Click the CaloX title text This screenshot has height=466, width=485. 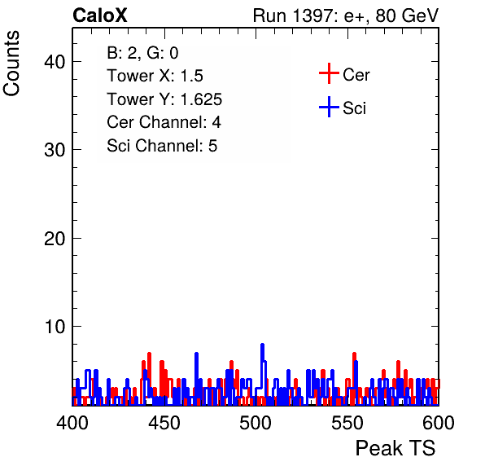(99, 15)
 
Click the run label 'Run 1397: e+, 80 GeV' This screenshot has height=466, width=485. (346, 15)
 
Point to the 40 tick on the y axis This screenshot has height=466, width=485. (55, 62)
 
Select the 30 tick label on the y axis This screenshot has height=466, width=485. (55, 150)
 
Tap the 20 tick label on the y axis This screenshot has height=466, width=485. (55, 239)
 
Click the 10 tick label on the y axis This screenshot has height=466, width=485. (55, 327)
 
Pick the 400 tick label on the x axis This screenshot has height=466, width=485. (72, 423)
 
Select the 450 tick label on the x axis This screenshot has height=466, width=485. (164, 423)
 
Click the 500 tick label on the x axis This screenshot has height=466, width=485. (256, 423)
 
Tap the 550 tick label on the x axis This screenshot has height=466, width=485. (347, 423)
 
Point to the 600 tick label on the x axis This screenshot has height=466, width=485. (439, 423)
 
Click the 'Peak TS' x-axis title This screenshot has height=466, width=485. (395, 448)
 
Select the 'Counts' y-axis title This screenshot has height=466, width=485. (11, 64)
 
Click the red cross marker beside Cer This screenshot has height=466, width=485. (329, 73)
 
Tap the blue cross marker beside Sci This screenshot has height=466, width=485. (329, 107)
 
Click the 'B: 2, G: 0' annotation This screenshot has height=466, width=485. (142, 53)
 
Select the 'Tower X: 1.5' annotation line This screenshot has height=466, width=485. (155, 76)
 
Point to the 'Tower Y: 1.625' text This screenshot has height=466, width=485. (164, 99)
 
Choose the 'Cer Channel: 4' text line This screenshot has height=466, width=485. (164, 122)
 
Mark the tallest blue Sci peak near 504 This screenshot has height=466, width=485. (262, 345)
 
